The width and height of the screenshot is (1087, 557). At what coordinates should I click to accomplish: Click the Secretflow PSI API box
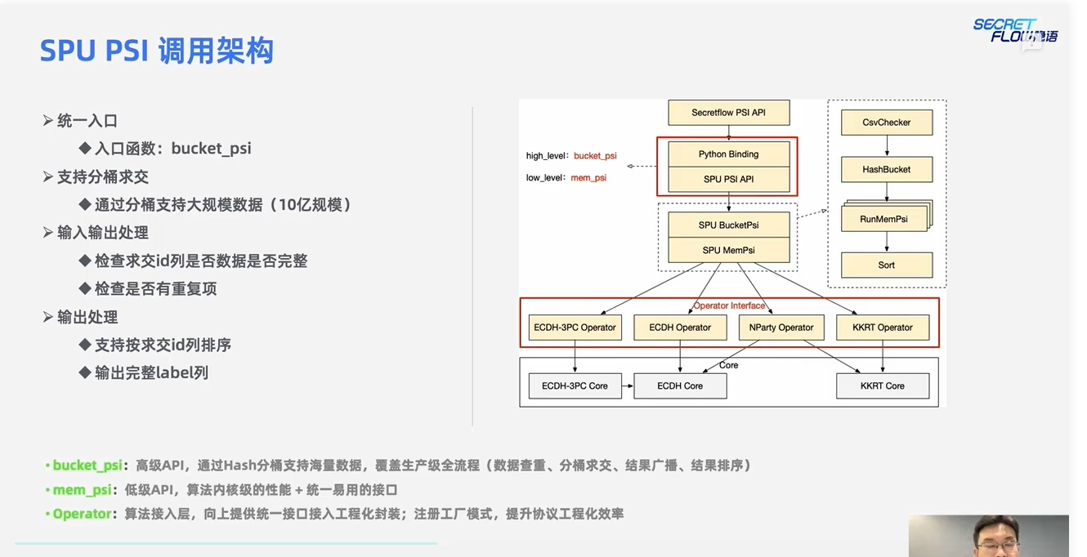pyautogui.click(x=728, y=113)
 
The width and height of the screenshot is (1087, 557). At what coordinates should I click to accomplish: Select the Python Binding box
pyautogui.click(x=728, y=154)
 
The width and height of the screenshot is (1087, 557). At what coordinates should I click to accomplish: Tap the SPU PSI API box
pyautogui.click(x=728, y=180)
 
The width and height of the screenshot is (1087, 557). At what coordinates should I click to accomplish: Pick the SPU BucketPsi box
pyautogui.click(x=728, y=225)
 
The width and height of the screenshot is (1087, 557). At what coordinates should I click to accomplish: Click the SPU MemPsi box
pyautogui.click(x=728, y=250)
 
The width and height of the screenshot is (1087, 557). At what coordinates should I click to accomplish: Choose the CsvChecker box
pyautogui.click(x=887, y=123)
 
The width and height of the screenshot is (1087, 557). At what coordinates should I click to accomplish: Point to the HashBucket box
pyautogui.click(x=887, y=169)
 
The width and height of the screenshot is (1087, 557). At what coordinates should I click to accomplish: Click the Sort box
pyautogui.click(x=887, y=265)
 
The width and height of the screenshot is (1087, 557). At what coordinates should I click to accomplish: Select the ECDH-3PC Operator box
pyautogui.click(x=575, y=328)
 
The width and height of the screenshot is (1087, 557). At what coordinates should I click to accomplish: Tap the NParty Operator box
pyautogui.click(x=781, y=328)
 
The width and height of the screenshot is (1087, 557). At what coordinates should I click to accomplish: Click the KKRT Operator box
pyautogui.click(x=883, y=328)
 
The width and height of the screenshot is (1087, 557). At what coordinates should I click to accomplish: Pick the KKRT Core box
pyautogui.click(x=883, y=385)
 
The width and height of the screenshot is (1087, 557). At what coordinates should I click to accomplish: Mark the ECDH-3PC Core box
pyautogui.click(x=575, y=385)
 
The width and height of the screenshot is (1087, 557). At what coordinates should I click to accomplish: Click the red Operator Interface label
pyautogui.click(x=729, y=305)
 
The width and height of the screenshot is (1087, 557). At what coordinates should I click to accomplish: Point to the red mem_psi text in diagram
pyautogui.click(x=588, y=178)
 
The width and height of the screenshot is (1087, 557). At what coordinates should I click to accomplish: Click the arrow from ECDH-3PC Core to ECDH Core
pyautogui.click(x=628, y=385)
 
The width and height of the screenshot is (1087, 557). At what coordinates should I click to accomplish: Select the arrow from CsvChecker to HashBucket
pyautogui.click(x=887, y=145)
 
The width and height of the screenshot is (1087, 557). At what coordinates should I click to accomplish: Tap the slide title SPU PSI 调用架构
pyautogui.click(x=157, y=51)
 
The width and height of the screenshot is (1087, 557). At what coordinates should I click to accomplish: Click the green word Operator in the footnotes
pyautogui.click(x=82, y=514)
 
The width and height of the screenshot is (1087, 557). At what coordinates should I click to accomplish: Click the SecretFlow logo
pyautogui.click(x=1015, y=30)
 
